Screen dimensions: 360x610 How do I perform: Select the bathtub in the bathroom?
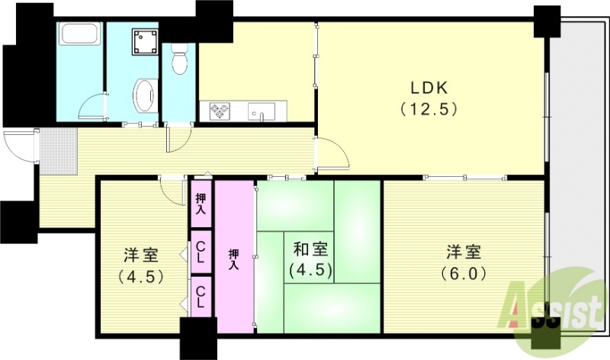pos(79,35)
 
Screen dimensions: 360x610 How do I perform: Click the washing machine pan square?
pos(143,43)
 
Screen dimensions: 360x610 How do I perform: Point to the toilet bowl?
pos(179,60)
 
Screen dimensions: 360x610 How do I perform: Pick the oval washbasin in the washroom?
pos(143,97)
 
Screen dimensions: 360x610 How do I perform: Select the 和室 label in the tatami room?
pos(311,249)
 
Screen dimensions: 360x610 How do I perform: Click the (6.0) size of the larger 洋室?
pos(464,273)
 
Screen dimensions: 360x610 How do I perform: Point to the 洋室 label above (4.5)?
pos(140,254)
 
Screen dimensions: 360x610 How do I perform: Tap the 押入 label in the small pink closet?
pos(201,203)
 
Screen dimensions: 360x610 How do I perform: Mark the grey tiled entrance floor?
pos(57,145)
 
